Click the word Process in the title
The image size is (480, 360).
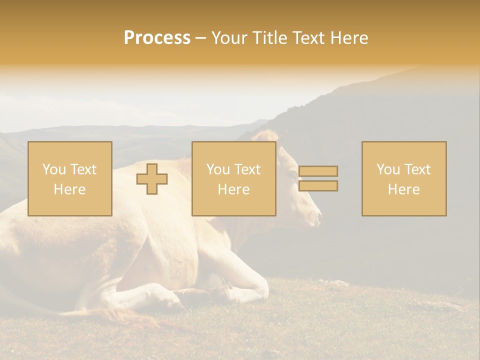pyautogui.click(x=157, y=38)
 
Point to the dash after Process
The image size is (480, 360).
pyautogui.click(x=201, y=38)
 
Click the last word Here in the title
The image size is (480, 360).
pyautogui.click(x=348, y=38)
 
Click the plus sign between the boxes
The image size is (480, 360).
pyautogui.click(x=152, y=179)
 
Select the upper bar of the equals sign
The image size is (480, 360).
pyautogui.click(x=318, y=171)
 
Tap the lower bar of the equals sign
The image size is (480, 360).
pyautogui.click(x=318, y=186)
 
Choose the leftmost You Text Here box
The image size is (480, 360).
pyautogui.click(x=70, y=179)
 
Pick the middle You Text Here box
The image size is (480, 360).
pyautogui.click(x=234, y=179)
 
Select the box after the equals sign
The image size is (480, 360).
pyautogui.click(x=404, y=179)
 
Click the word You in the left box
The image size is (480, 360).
pyautogui.click(x=53, y=169)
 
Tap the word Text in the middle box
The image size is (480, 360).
pyautogui.click(x=247, y=169)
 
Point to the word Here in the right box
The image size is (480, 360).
pyautogui.click(x=404, y=189)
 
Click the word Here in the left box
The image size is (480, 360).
pyautogui.click(x=70, y=189)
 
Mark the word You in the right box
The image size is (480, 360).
pyautogui.click(x=387, y=169)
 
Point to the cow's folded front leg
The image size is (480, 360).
pyautogui.click(x=240, y=290)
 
